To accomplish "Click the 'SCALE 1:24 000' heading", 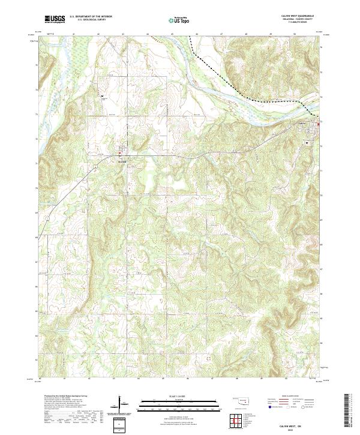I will click(171, 395).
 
